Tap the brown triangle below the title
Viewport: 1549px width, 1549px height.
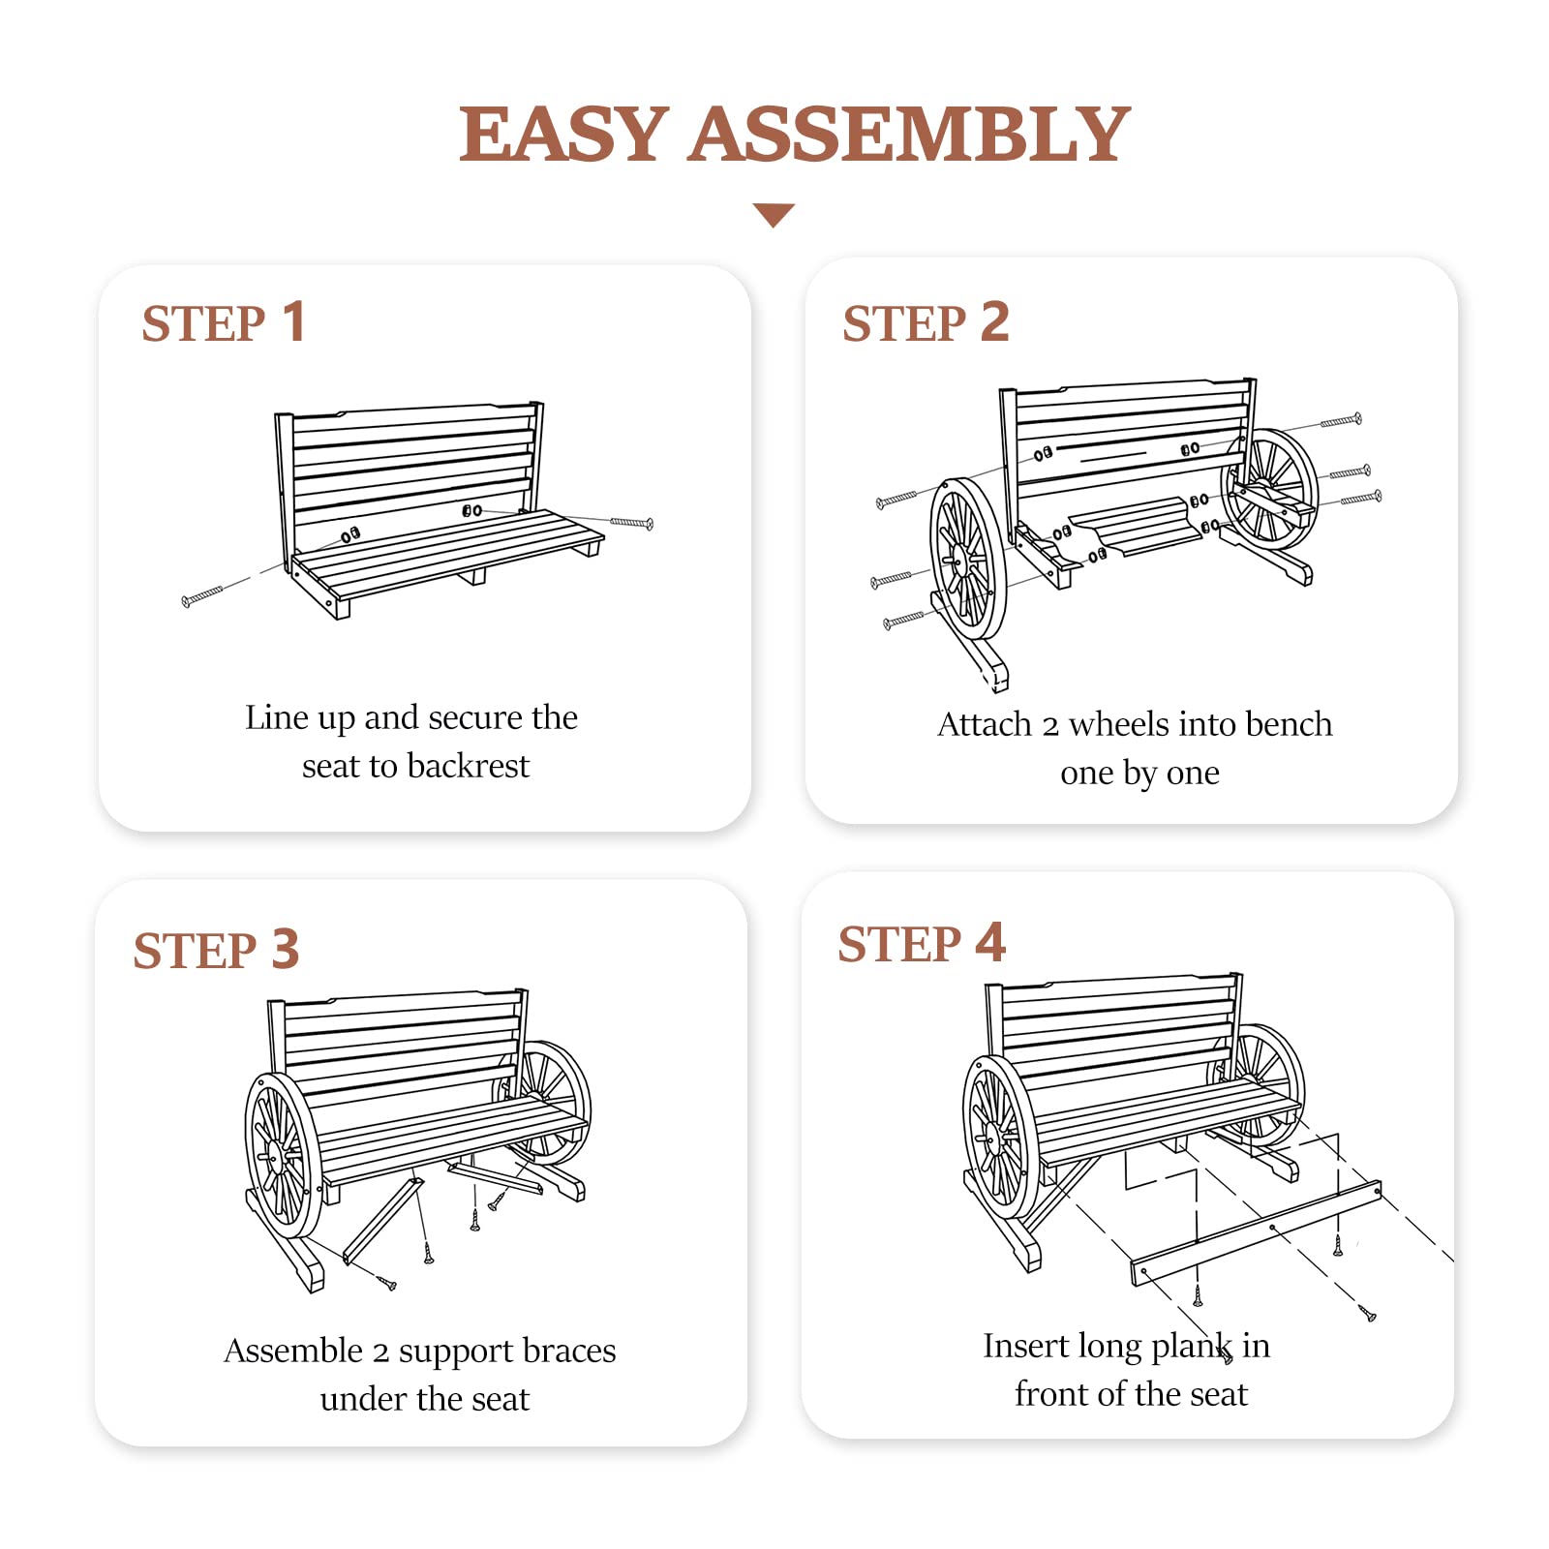774,214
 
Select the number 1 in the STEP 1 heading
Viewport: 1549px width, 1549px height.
294,321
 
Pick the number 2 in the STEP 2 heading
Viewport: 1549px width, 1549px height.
995,321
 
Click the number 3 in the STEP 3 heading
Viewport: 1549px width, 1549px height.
286,949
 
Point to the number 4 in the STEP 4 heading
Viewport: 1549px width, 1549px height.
990,942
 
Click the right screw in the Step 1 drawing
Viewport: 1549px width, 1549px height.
632,523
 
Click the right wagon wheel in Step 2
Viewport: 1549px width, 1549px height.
1270,489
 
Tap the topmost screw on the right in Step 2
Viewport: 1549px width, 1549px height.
1342,420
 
